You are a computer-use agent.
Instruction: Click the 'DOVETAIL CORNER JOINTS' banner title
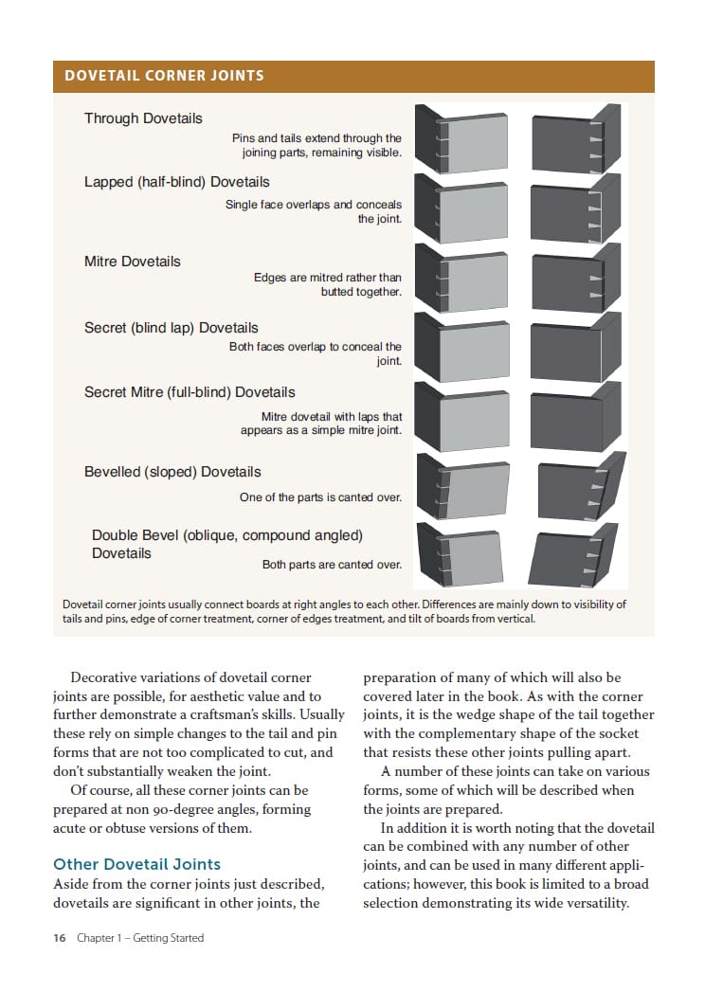pyautogui.click(x=164, y=76)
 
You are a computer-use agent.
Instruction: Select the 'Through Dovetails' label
pyautogui.click(x=143, y=118)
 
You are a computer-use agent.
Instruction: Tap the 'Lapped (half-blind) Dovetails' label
pyautogui.click(x=177, y=182)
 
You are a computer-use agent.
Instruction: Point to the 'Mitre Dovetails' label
pyautogui.click(x=132, y=262)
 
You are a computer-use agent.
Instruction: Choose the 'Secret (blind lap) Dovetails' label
pyautogui.click(x=171, y=328)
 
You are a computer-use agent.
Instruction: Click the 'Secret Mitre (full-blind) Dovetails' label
pyautogui.click(x=190, y=392)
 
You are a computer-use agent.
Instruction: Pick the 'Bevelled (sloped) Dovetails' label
pyautogui.click(x=172, y=472)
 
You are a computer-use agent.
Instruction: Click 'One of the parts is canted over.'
pyautogui.click(x=320, y=497)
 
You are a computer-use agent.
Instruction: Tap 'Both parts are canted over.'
pyautogui.click(x=332, y=565)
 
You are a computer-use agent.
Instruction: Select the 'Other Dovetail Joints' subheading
pyautogui.click(x=136, y=864)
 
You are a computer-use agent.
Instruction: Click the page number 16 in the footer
pyautogui.click(x=59, y=938)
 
